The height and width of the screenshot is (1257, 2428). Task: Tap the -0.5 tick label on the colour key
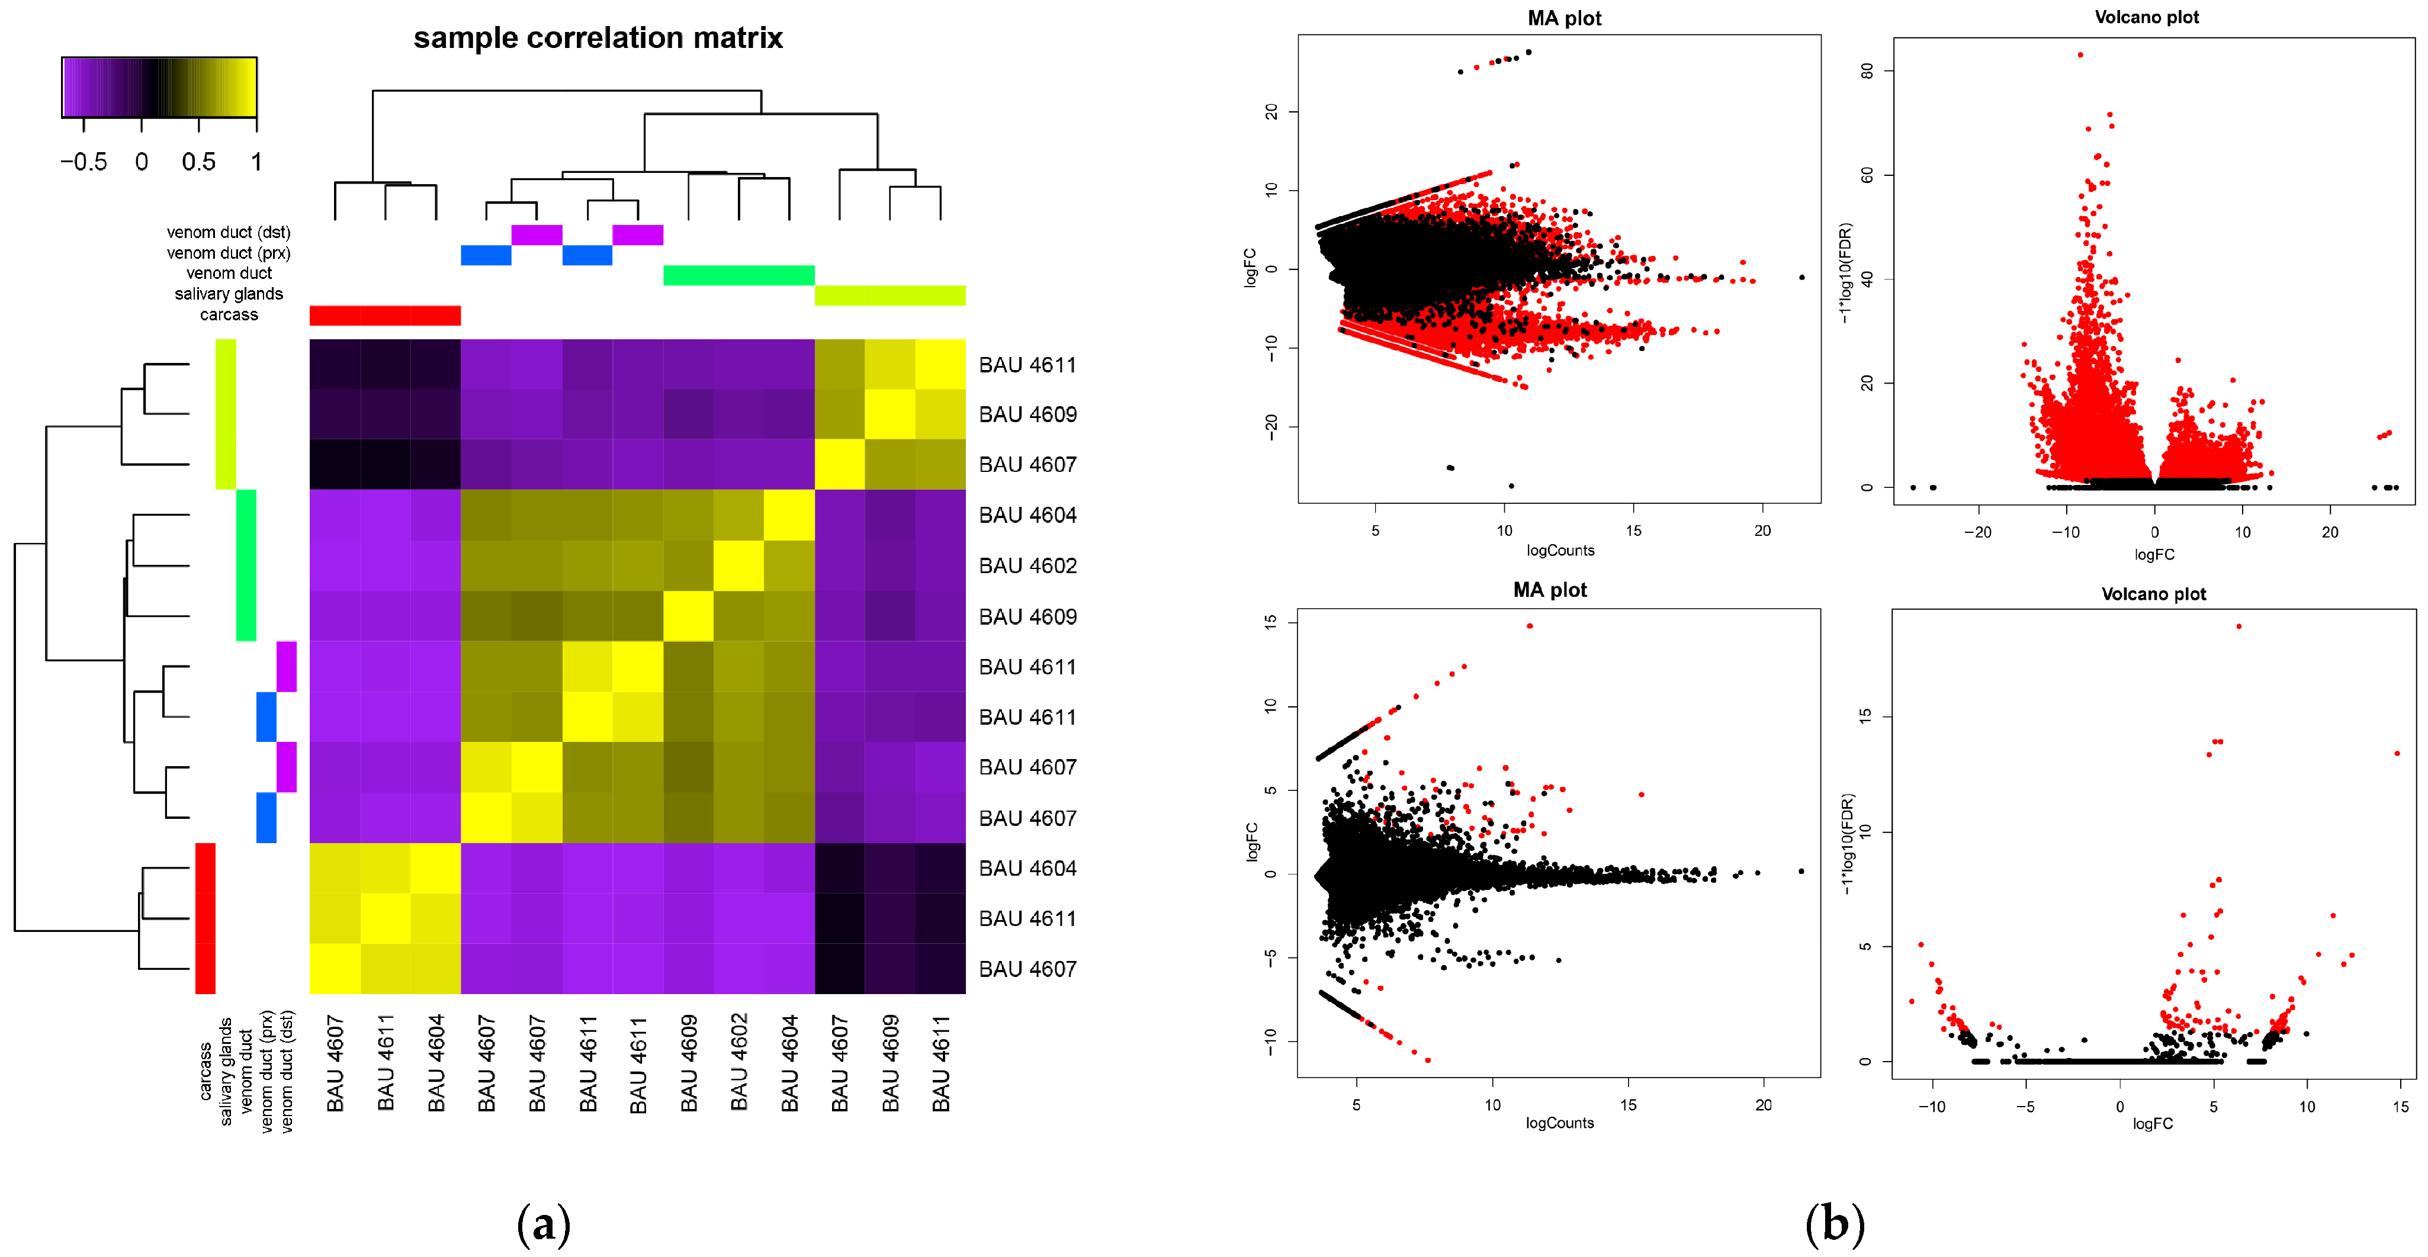(x=84, y=162)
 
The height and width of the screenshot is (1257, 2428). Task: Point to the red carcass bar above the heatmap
(x=384, y=316)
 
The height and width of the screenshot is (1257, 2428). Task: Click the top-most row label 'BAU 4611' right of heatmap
(x=1027, y=365)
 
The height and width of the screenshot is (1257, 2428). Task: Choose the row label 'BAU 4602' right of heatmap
(x=1027, y=566)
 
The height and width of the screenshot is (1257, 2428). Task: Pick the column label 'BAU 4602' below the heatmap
(x=739, y=1062)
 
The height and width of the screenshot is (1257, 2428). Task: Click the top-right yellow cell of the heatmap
(x=940, y=365)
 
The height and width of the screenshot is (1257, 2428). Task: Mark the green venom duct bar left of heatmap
(x=246, y=565)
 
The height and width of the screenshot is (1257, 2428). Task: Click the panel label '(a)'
(x=544, y=1224)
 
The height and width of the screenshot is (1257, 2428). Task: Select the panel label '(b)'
(x=1834, y=1224)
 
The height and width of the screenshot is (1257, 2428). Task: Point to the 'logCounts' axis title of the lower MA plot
(x=1560, y=1123)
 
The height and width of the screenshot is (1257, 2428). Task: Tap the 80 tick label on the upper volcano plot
(x=1866, y=70)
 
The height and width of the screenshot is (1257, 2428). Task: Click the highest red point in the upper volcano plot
(x=2080, y=54)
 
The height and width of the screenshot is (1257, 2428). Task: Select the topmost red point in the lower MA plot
(x=1530, y=626)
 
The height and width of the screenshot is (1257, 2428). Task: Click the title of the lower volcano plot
(x=2154, y=594)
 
